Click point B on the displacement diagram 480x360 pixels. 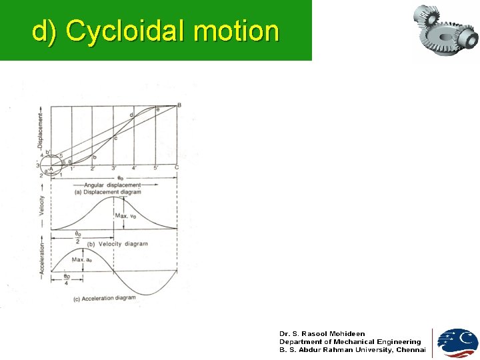pyautogui.click(x=179, y=105)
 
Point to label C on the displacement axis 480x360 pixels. pyautogui.click(x=177, y=167)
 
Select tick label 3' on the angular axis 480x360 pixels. pyautogui.click(x=114, y=168)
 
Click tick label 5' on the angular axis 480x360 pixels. pyautogui.click(x=156, y=168)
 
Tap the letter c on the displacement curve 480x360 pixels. pyautogui.click(x=115, y=138)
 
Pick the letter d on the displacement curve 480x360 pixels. pyautogui.click(x=131, y=116)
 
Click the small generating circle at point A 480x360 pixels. pyautogui.click(x=51, y=167)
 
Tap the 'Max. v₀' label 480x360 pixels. pyautogui.click(x=127, y=215)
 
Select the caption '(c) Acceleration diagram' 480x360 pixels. pyautogui.click(x=104, y=299)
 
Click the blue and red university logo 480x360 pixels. pyautogui.click(x=457, y=343)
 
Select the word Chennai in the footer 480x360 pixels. pyautogui.click(x=411, y=349)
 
